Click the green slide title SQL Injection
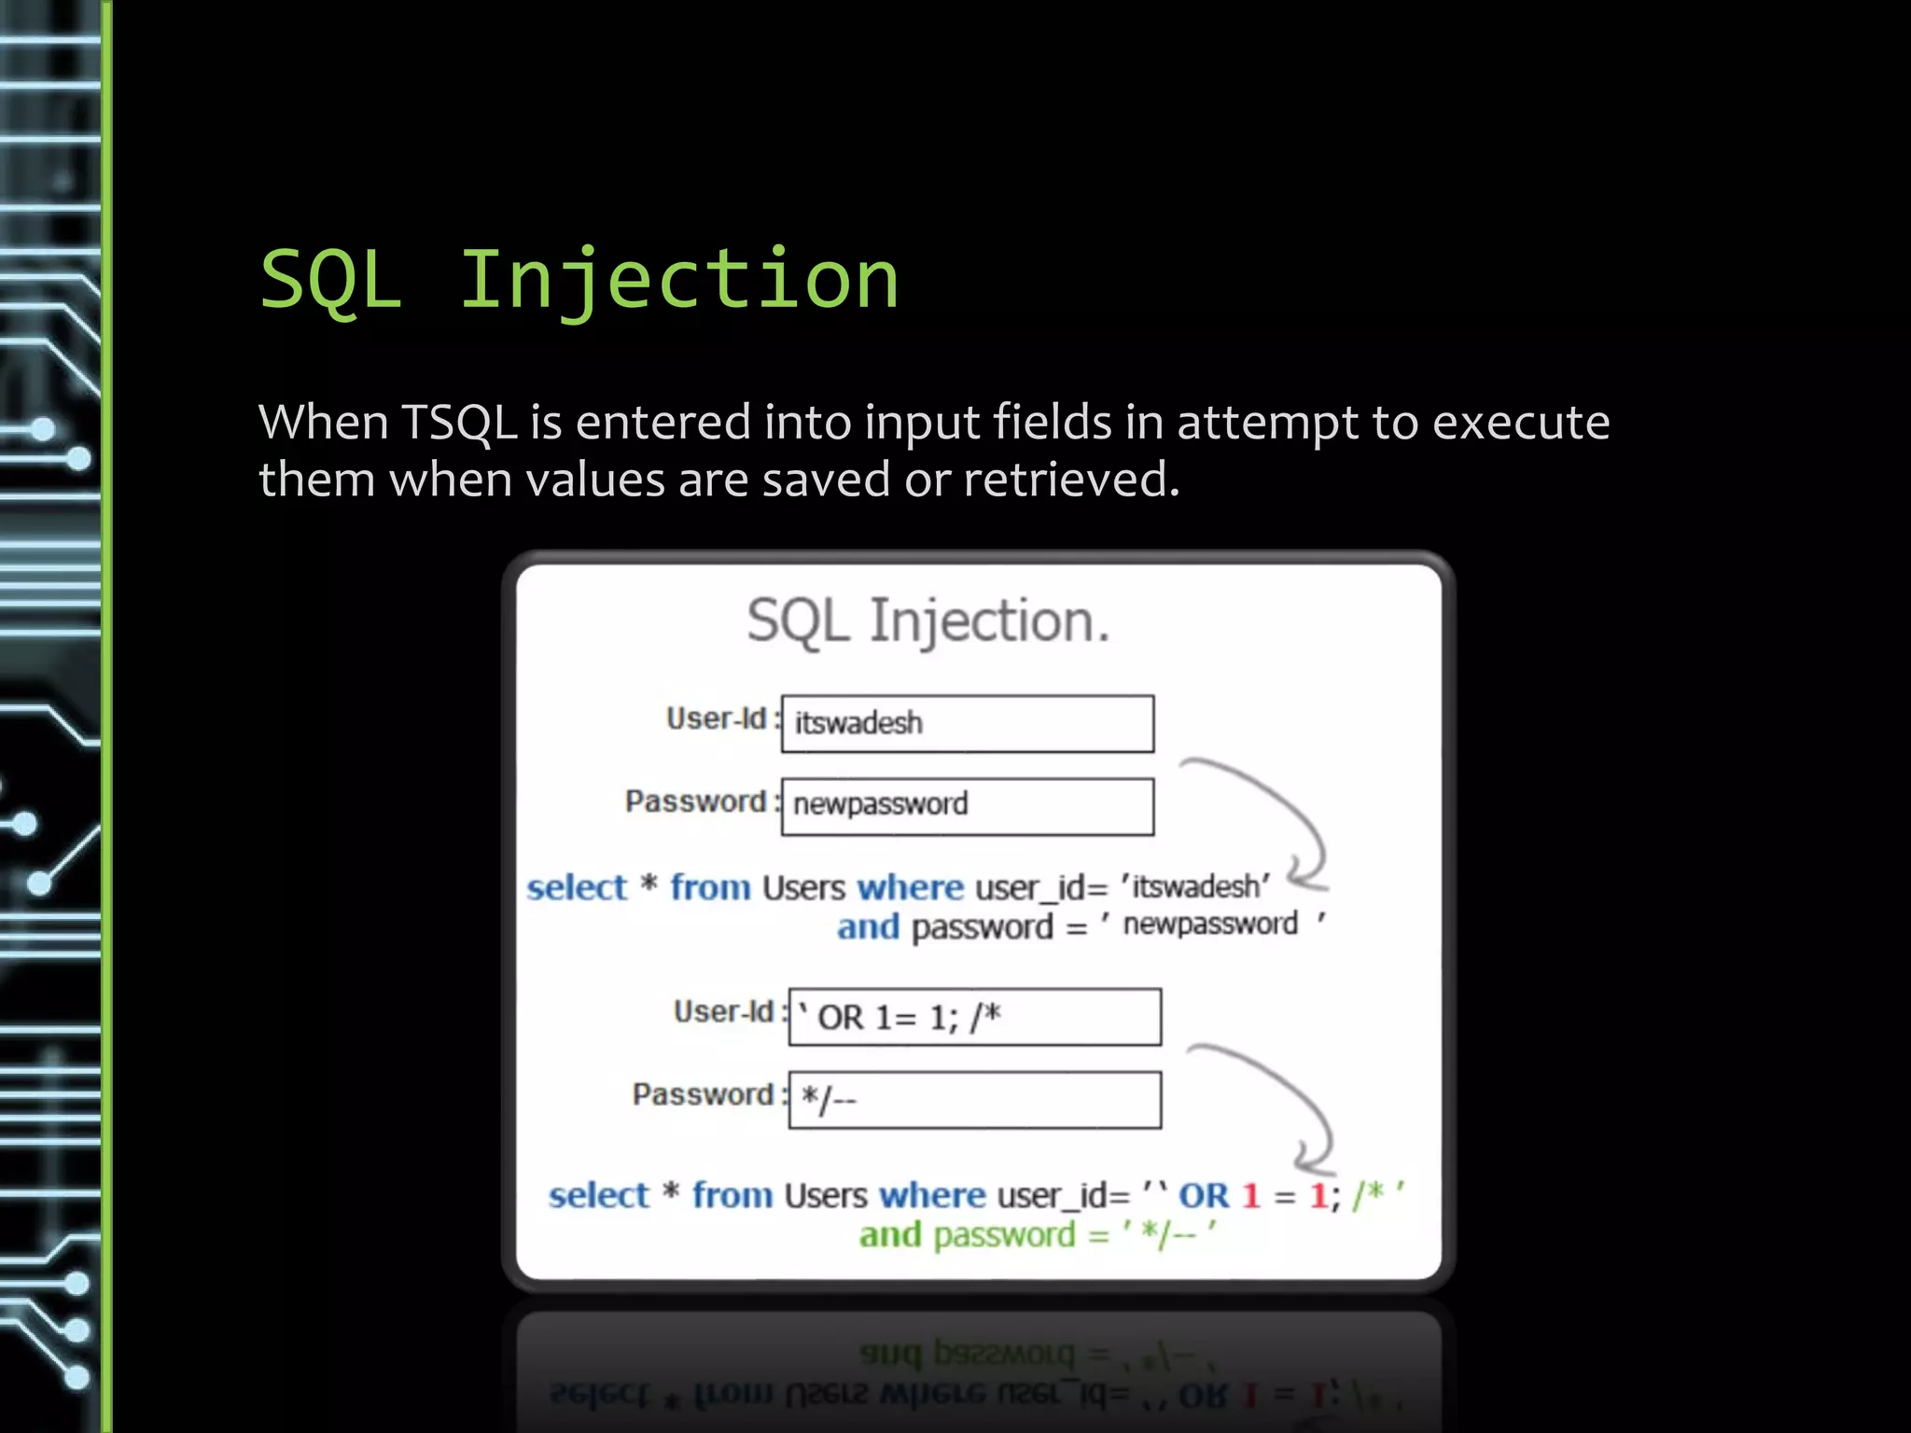click(x=579, y=280)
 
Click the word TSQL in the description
click(x=459, y=423)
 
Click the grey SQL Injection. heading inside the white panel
click(x=928, y=620)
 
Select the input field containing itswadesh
click(x=968, y=724)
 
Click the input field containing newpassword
click(x=968, y=806)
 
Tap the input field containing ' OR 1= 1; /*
click(x=974, y=1017)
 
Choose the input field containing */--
click(x=974, y=1100)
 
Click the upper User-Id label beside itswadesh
click(x=717, y=718)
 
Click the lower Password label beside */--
click(x=703, y=1094)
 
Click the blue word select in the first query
click(x=577, y=887)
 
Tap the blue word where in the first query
click(x=910, y=887)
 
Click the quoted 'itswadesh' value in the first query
click(x=1195, y=886)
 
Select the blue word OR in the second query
click(x=1204, y=1196)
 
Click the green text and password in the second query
click(x=968, y=1235)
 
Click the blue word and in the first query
click(x=868, y=927)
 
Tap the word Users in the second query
click(x=826, y=1196)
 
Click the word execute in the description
click(x=1520, y=423)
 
